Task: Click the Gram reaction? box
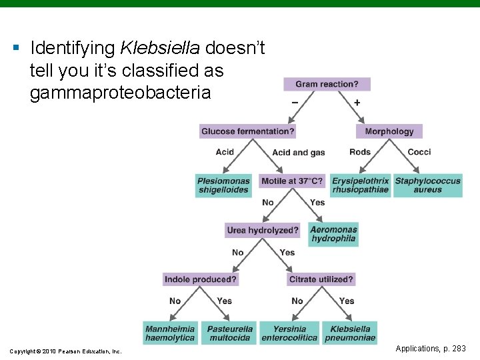tap(327, 84)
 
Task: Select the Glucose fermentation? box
tap(248, 131)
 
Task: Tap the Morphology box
tap(389, 131)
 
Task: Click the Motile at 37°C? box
tap(292, 181)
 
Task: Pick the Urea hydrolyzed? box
tap(263, 230)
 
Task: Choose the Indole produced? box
tap(200, 279)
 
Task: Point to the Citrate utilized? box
tap(321, 279)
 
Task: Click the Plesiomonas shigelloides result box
tap(223, 185)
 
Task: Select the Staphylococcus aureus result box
tap(427, 185)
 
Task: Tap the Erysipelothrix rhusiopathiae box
tap(360, 185)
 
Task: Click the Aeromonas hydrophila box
tap(333, 234)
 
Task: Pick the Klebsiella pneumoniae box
tap(350, 333)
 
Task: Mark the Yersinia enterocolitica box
tap(289, 333)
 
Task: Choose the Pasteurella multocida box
tap(230, 333)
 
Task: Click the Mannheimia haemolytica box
tap(170, 333)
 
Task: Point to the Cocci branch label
tap(419, 152)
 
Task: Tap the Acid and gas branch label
tap(299, 153)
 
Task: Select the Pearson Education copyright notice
tap(65, 351)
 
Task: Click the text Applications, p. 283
tap(431, 349)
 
